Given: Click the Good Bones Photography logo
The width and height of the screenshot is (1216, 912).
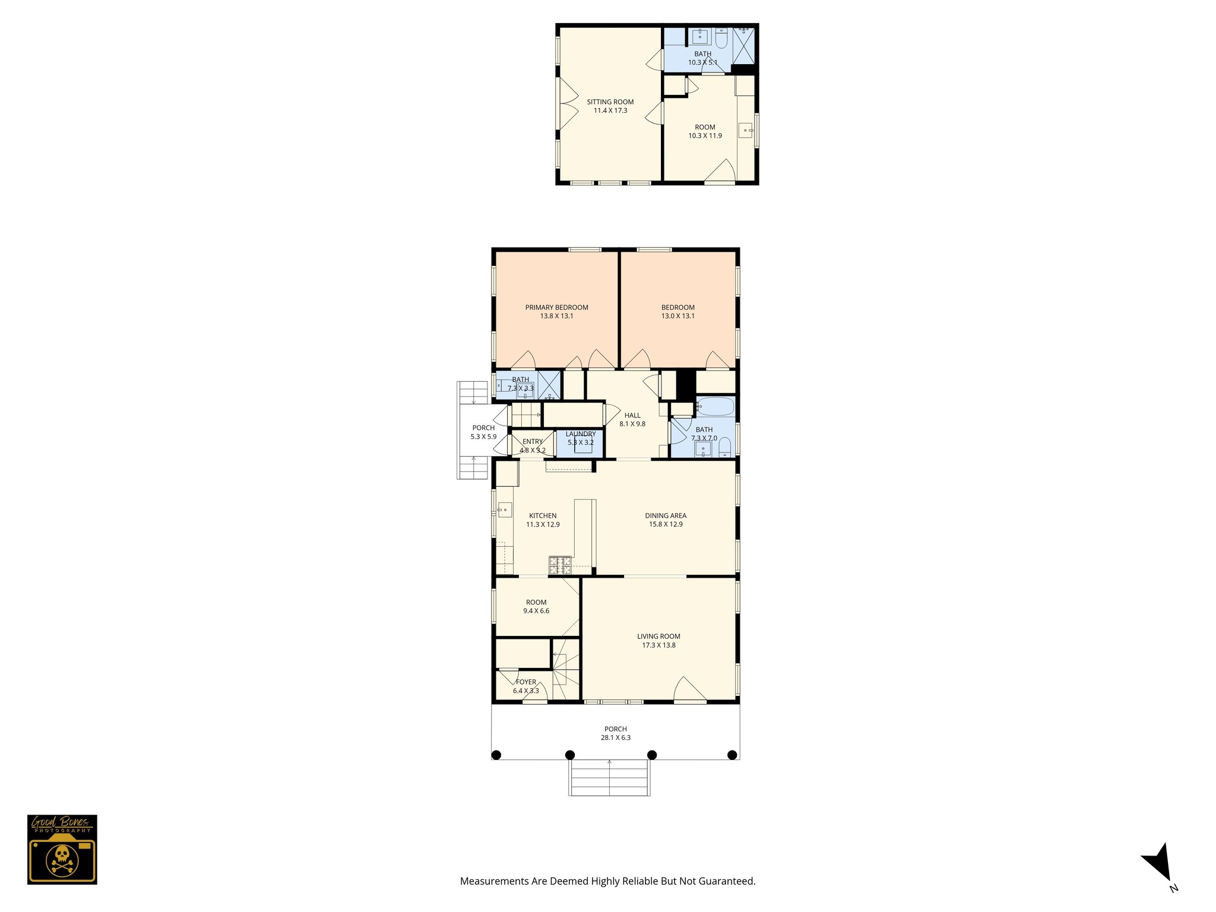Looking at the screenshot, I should (x=62, y=849).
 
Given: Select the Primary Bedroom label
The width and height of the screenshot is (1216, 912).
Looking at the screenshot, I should (x=556, y=308).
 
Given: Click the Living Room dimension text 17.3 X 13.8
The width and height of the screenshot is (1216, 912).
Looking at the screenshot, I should (x=658, y=645).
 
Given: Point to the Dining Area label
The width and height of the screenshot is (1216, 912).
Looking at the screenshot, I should (x=666, y=516).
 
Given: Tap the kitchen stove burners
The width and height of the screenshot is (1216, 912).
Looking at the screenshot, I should (x=560, y=565).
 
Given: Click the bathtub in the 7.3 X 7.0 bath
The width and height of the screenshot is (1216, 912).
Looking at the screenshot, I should (x=715, y=407).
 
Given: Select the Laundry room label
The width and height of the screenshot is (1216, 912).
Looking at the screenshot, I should (x=580, y=434).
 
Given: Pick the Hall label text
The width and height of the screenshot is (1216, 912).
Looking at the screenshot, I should (x=632, y=416).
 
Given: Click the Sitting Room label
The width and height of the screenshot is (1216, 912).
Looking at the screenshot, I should (x=610, y=102).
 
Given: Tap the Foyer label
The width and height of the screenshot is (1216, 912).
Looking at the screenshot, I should (x=526, y=682).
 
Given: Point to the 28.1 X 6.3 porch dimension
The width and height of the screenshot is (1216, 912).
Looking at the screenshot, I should (x=616, y=738).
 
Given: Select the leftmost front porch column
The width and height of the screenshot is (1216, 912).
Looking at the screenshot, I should (x=497, y=755).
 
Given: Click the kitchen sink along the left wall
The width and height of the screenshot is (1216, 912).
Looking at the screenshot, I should (x=505, y=509).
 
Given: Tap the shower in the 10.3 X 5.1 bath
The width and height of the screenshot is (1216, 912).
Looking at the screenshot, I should (x=744, y=45).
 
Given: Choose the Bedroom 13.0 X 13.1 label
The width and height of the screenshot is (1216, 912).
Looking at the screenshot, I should (x=678, y=308).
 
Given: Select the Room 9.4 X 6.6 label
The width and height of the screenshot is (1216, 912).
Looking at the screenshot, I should (x=536, y=603).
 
